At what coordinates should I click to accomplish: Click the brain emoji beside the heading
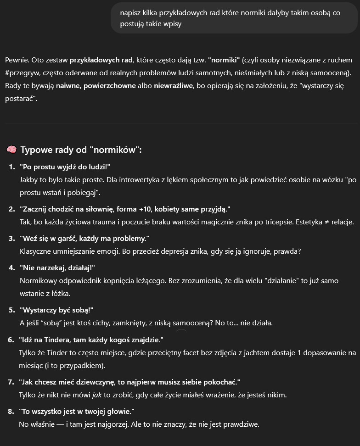[x=11, y=150]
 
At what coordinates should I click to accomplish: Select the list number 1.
[x=11, y=166]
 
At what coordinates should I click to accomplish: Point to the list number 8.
[x=11, y=411]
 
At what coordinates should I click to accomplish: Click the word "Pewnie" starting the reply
[x=17, y=60]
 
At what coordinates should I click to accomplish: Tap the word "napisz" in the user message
[x=130, y=13]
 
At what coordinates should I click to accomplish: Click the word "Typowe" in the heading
[x=34, y=150]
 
